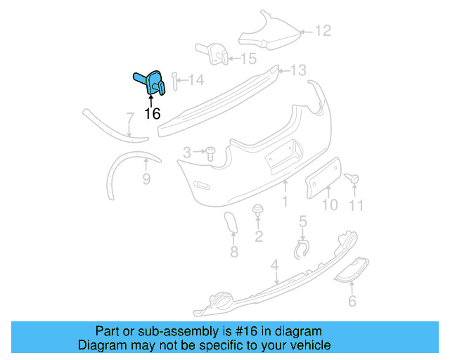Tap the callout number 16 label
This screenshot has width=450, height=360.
pyautogui.click(x=152, y=113)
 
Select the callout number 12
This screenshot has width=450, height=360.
pyautogui.click(x=322, y=31)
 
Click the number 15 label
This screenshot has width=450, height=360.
pyautogui.click(x=249, y=59)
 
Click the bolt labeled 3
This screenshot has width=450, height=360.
pyautogui.click(x=210, y=153)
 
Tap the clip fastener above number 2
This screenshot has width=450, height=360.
pyautogui.click(x=258, y=211)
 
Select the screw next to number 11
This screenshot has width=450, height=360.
pyautogui.click(x=354, y=179)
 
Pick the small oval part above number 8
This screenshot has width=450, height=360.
pyautogui.click(x=230, y=224)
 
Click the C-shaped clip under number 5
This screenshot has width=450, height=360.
pyautogui.click(x=302, y=249)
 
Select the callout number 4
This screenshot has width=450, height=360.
pyautogui.click(x=275, y=265)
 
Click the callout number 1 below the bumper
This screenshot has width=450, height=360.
pyautogui.click(x=285, y=202)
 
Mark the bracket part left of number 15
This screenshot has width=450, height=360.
pyautogui.click(x=211, y=52)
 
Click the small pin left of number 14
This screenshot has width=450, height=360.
pyautogui.click(x=174, y=83)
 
